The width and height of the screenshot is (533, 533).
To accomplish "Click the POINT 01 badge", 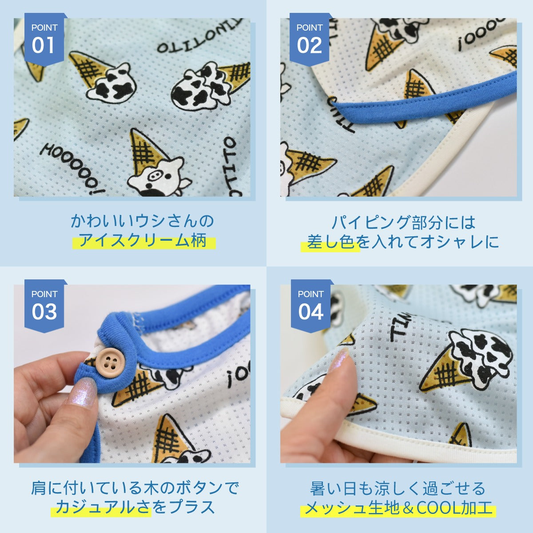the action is pyautogui.click(x=44, y=39).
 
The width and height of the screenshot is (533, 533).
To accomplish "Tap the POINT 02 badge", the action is pyautogui.click(x=310, y=39).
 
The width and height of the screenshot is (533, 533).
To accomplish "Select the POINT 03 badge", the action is pyautogui.click(x=44, y=306).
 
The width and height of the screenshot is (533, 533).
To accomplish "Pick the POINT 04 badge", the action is pyautogui.click(x=310, y=306).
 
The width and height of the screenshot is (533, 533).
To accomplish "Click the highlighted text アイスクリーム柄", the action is pyautogui.click(x=143, y=240).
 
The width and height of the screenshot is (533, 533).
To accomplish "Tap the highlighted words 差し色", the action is pyautogui.click(x=330, y=241).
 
